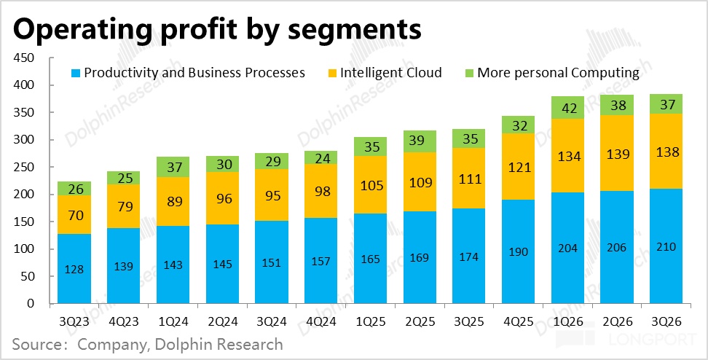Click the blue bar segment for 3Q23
[74, 269]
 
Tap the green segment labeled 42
[567, 108]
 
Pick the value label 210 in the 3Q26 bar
[666, 247]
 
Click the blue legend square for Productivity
[75, 73]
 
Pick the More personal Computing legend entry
[558, 73]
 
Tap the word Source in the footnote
[37, 343]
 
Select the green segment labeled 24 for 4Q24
[321, 157]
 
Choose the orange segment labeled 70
[74, 215]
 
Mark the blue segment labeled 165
[370, 258]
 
